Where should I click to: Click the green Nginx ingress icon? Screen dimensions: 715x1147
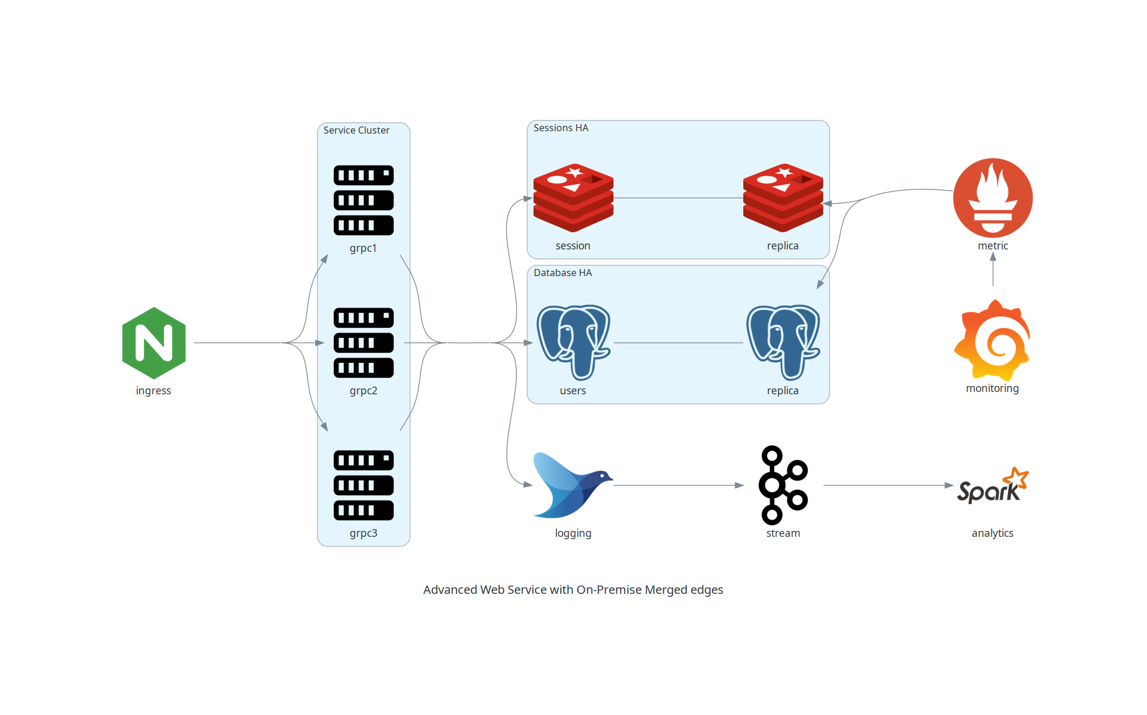[x=154, y=343]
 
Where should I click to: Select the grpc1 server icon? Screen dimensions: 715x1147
[x=363, y=200]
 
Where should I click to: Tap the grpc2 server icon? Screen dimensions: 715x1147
[x=363, y=343]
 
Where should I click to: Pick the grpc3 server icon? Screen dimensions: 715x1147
[x=363, y=485]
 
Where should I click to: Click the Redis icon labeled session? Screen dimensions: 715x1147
[x=573, y=198]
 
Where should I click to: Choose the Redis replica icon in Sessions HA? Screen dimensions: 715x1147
[x=782, y=198]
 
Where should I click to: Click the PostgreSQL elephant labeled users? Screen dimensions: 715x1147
[x=573, y=342]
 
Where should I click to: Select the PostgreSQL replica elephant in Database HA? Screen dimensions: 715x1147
[x=782, y=342]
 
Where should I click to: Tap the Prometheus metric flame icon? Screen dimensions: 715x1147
[x=993, y=198]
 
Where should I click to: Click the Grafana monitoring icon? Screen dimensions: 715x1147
[x=992, y=341]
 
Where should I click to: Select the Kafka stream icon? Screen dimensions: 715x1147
[x=782, y=485]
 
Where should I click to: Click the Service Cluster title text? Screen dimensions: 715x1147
[x=356, y=130]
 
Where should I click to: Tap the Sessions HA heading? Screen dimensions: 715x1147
[x=560, y=128]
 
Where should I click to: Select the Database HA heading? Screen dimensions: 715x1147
[x=562, y=273]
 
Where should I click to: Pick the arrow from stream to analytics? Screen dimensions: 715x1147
[x=887, y=485]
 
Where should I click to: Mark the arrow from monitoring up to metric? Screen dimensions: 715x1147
[x=993, y=270]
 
